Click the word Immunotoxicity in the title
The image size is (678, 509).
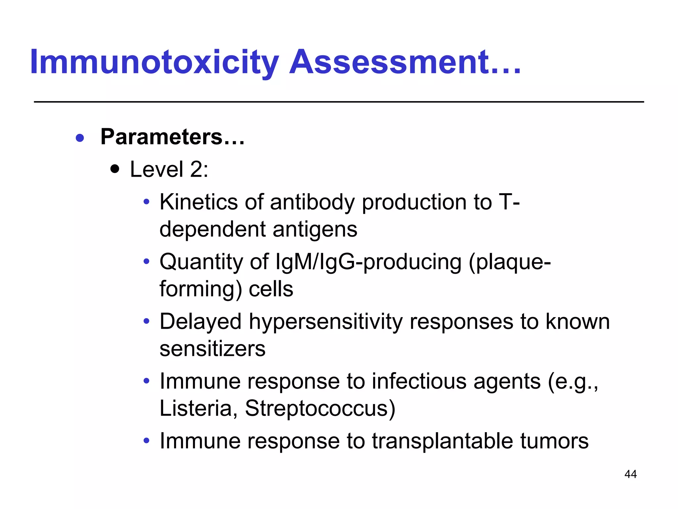154,62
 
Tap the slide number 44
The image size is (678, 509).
630,474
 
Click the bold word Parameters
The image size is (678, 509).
162,137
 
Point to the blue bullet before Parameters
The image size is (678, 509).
80,138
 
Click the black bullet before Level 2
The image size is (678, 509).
115,170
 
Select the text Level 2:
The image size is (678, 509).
169,169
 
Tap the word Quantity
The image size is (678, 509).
201,262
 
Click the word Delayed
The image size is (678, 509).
201,321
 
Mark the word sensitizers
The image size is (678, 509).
213,349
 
